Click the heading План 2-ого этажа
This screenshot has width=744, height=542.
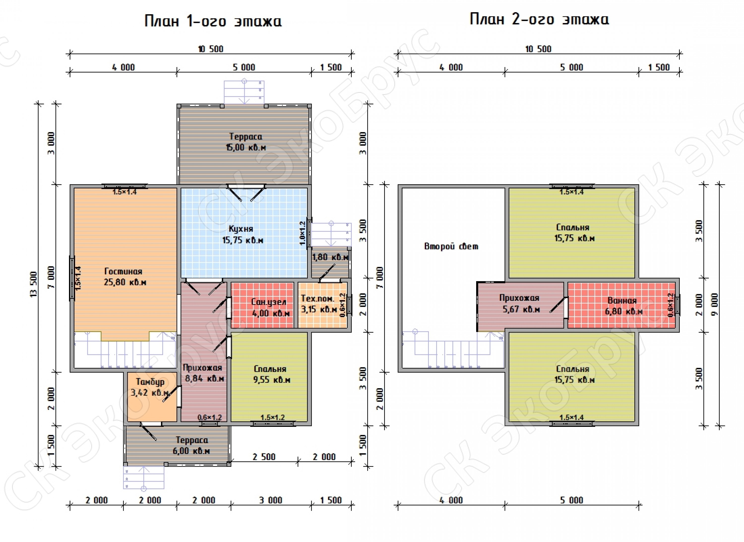539,19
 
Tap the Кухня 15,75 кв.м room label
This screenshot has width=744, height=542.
243,234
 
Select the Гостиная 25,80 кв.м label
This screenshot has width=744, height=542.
125,276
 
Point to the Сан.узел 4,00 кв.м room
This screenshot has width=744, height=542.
262,305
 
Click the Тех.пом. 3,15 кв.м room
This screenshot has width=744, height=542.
322,305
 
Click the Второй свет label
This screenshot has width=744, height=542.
451,246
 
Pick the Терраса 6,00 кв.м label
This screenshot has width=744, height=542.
191,445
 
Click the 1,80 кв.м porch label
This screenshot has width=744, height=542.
330,257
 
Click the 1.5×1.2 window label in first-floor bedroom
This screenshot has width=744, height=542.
273,418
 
